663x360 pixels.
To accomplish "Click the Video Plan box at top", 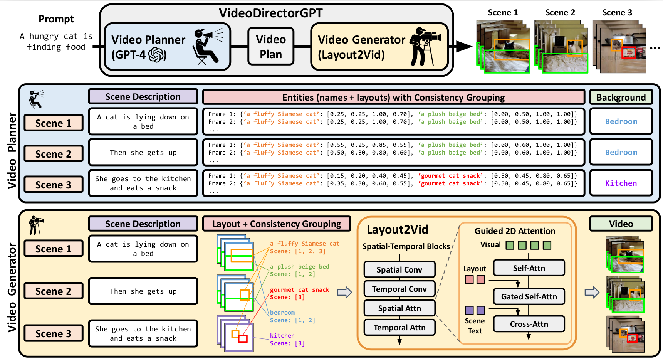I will click(x=271, y=46).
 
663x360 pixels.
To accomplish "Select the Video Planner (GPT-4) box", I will click(x=167, y=46).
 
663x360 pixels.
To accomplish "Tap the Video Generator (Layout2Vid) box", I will click(x=379, y=46).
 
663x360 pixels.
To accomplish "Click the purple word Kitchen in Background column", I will click(x=621, y=183).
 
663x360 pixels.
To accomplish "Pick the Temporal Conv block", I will click(x=399, y=289).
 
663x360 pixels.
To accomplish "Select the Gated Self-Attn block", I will click(x=529, y=296).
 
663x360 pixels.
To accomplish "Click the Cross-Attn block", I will click(x=529, y=324).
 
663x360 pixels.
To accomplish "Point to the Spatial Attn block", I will click(x=399, y=308).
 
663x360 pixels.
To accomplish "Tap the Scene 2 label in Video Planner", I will click(x=53, y=154).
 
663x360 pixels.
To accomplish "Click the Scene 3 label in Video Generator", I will click(x=53, y=333).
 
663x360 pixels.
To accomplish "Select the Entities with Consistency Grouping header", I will click(x=393, y=97).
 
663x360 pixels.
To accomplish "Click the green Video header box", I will click(x=621, y=224).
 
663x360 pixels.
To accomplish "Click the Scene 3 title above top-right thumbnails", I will click(x=617, y=12).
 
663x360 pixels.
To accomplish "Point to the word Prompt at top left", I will click(x=56, y=19).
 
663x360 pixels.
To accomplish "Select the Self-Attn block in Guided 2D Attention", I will click(x=529, y=268).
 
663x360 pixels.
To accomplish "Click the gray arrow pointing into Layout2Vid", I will click(x=344, y=292).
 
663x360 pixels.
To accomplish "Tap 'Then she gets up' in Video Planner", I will click(x=143, y=152).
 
